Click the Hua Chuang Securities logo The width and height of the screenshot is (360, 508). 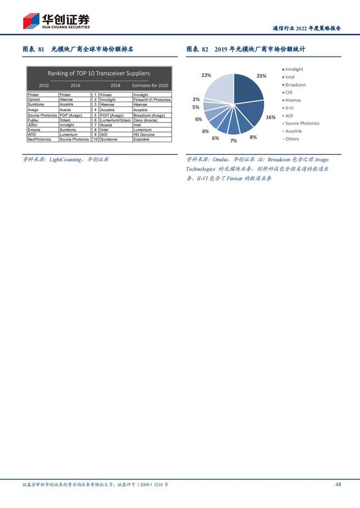point(56,21)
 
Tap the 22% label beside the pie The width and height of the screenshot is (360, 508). point(206,75)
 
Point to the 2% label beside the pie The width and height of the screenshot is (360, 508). point(196,99)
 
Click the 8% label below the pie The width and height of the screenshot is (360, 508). point(253,137)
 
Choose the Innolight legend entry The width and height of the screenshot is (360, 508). point(294,69)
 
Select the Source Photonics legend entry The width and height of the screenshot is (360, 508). point(301,123)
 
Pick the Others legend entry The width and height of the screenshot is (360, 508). point(292,139)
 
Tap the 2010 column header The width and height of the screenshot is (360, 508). point(43,85)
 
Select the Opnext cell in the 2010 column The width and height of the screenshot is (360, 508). point(34,100)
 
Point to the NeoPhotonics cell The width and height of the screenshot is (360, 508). point(39,139)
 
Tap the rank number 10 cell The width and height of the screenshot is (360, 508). point(96,139)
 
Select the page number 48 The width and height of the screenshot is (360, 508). point(338,484)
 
